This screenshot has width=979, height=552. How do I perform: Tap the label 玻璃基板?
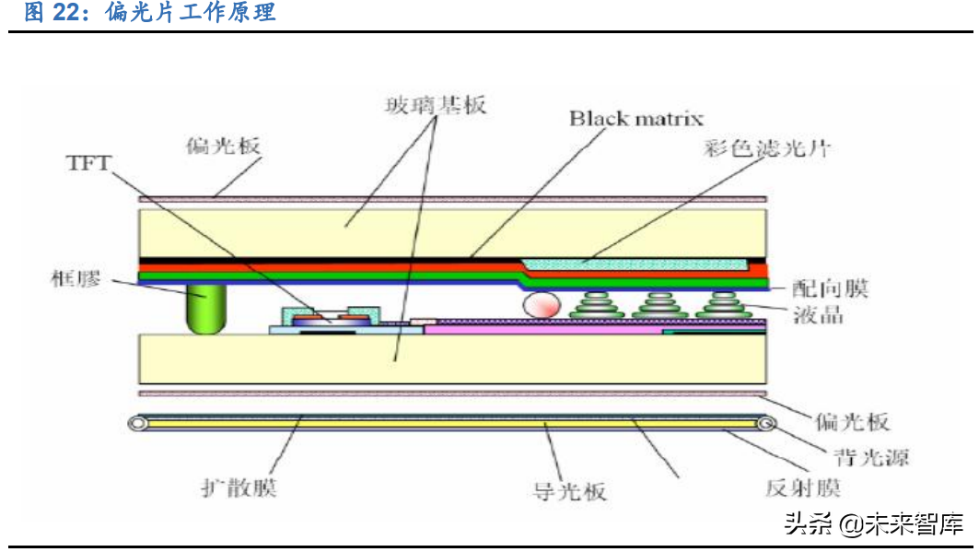click(x=435, y=104)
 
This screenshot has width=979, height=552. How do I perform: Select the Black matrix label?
click(x=635, y=118)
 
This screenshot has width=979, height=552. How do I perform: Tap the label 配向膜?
click(x=830, y=288)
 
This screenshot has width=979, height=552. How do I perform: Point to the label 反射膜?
click(x=803, y=487)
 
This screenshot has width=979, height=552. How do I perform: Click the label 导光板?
click(x=570, y=488)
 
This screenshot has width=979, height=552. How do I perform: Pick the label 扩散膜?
click(x=239, y=487)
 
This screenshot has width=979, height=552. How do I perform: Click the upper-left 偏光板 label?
click(x=224, y=146)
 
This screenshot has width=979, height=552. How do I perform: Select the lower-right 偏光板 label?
click(x=852, y=421)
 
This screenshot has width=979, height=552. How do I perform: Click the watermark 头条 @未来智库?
click(x=873, y=524)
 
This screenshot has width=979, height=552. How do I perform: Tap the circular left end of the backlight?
click(x=138, y=424)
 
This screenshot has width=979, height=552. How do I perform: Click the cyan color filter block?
click(x=635, y=264)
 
